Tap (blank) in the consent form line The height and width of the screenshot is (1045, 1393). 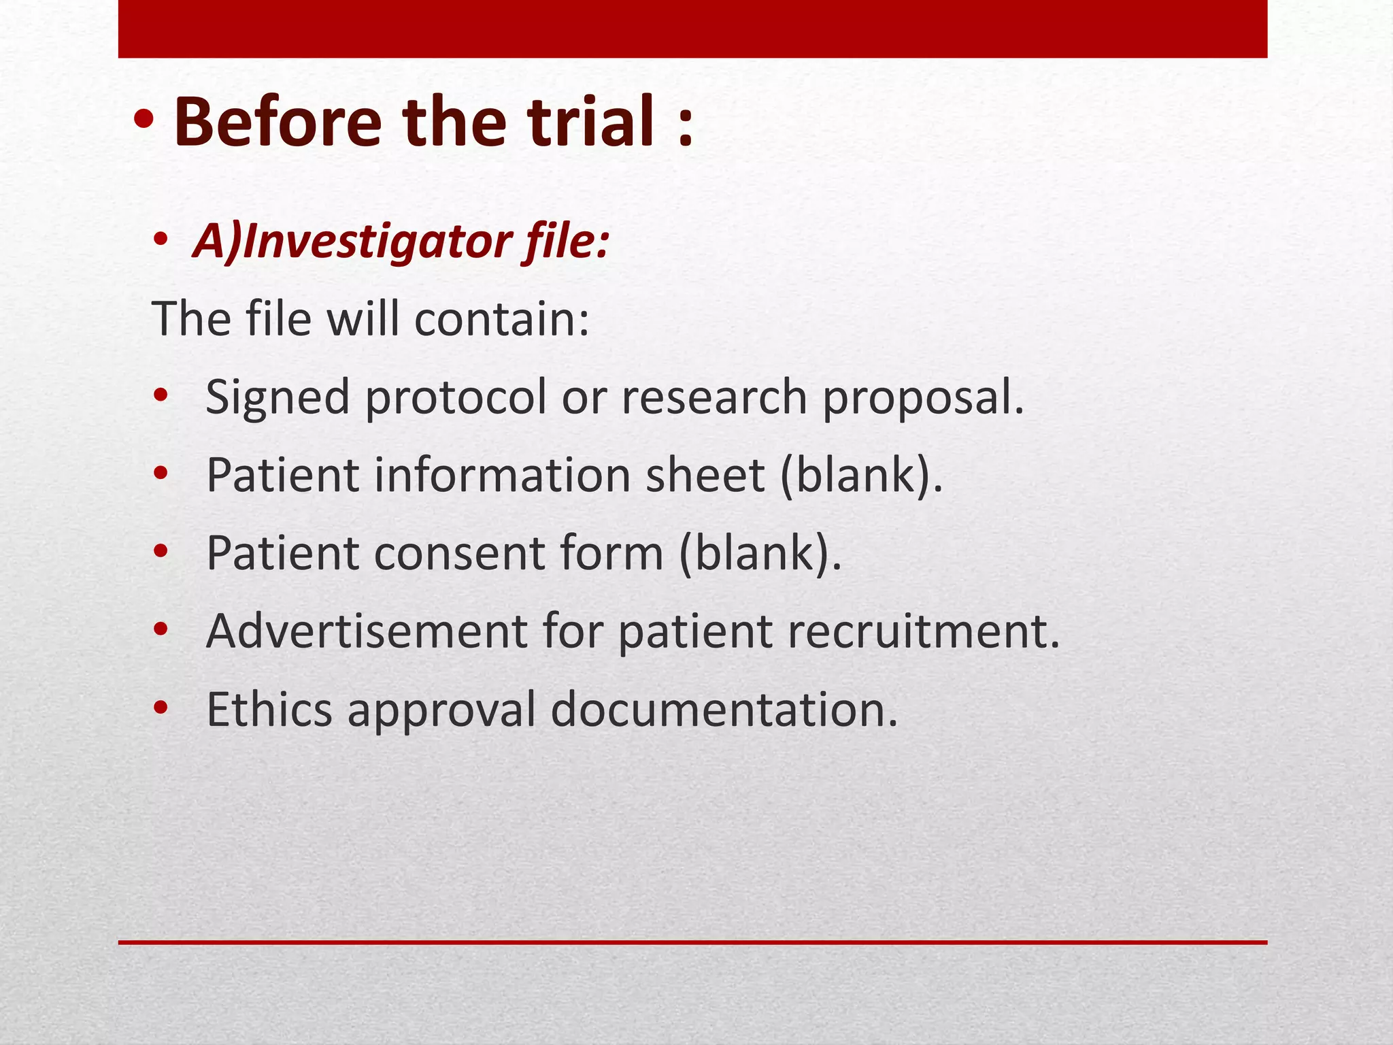click(x=760, y=552)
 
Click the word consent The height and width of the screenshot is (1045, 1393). click(x=459, y=552)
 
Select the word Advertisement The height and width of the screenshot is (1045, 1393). click(x=367, y=631)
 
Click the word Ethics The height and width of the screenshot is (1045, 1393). click(x=269, y=709)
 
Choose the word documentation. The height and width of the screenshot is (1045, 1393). click(x=724, y=709)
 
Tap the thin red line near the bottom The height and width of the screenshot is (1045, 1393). click(x=692, y=942)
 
